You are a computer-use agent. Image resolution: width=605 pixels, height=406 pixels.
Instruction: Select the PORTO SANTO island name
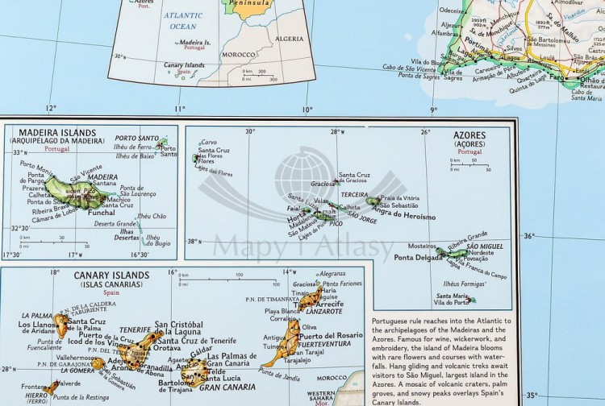136,138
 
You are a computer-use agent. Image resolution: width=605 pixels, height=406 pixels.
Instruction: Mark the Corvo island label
208,143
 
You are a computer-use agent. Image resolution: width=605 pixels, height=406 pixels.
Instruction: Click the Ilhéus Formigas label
461,284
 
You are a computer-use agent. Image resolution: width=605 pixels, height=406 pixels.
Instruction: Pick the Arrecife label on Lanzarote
329,304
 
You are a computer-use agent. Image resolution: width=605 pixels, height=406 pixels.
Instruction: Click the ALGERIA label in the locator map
290,39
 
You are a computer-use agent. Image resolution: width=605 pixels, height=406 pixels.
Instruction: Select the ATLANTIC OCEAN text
182,21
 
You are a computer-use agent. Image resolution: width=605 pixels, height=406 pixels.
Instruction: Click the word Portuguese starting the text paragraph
393,321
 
